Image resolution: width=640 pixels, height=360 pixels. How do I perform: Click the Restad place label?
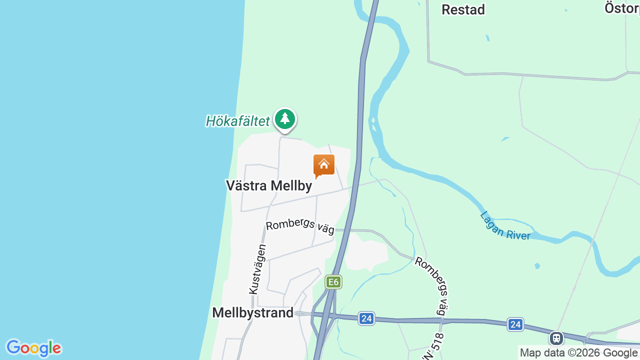pos(463,10)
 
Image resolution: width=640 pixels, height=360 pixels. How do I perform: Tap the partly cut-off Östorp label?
pos(621,8)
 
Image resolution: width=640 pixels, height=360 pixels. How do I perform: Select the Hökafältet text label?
pos(238,121)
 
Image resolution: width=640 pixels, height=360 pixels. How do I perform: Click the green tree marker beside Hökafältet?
pos(285,119)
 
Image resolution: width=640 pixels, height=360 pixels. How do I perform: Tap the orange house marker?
pos(324,165)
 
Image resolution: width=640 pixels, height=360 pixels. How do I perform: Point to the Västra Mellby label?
pos(269,185)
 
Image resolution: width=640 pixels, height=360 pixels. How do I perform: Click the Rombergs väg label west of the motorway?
pos(300,225)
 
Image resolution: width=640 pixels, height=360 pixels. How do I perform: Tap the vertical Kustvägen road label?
pos(257,269)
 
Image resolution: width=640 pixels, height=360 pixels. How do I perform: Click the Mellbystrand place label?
pos(253,313)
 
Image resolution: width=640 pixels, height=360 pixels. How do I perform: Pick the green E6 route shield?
pos(333,282)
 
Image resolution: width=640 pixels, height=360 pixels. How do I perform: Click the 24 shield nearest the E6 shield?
pos(366,318)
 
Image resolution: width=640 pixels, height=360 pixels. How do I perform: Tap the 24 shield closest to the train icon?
pos(515,325)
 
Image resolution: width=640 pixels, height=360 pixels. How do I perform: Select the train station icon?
pos(556,338)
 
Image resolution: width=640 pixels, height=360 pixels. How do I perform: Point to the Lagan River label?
pos(505,226)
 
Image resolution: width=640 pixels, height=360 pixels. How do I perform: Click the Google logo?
pos(33,348)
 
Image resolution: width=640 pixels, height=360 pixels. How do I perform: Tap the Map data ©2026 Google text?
pos(579,353)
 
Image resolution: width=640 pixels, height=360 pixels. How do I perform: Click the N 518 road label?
pos(437,345)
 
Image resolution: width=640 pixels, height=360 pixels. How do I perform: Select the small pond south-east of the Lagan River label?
pos(537,265)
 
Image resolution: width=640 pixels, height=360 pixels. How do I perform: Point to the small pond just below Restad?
pos(487,37)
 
